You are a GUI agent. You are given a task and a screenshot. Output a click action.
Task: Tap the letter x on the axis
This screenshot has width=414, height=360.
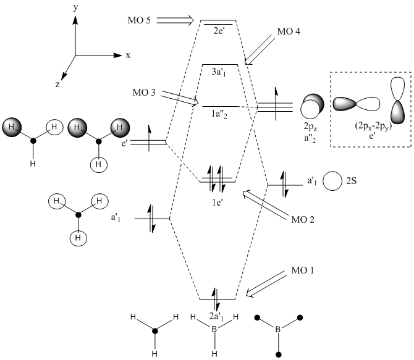[129, 55]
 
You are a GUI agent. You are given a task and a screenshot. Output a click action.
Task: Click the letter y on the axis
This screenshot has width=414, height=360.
[75, 8]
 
